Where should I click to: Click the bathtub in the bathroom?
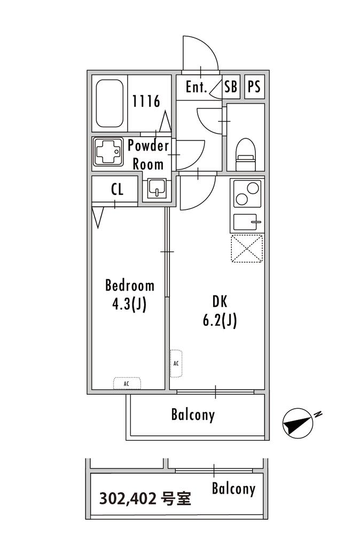click(109, 104)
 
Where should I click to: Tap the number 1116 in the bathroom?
click(146, 101)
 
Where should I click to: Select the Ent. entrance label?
click(197, 87)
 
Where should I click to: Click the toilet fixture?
click(246, 154)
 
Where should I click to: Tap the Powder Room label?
click(148, 154)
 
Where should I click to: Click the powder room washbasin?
click(157, 189)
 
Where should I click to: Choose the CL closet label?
click(117, 190)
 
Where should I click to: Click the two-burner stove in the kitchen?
click(247, 193)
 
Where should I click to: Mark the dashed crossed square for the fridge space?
click(247, 248)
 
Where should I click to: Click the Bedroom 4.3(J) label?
click(129, 295)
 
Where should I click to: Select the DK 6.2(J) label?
click(220, 311)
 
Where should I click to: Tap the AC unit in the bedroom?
click(127, 384)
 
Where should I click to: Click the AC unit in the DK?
click(176, 363)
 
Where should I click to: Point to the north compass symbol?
click(298, 423)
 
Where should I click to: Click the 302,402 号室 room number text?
click(145, 498)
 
